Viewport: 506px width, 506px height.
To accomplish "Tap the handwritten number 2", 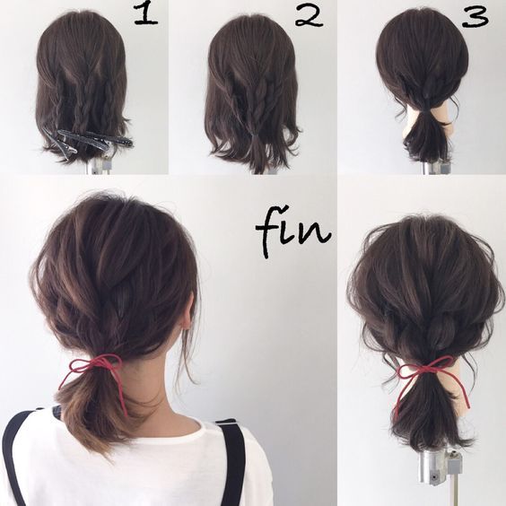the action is [309, 16].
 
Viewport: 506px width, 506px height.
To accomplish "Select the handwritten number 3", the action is [475, 17].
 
